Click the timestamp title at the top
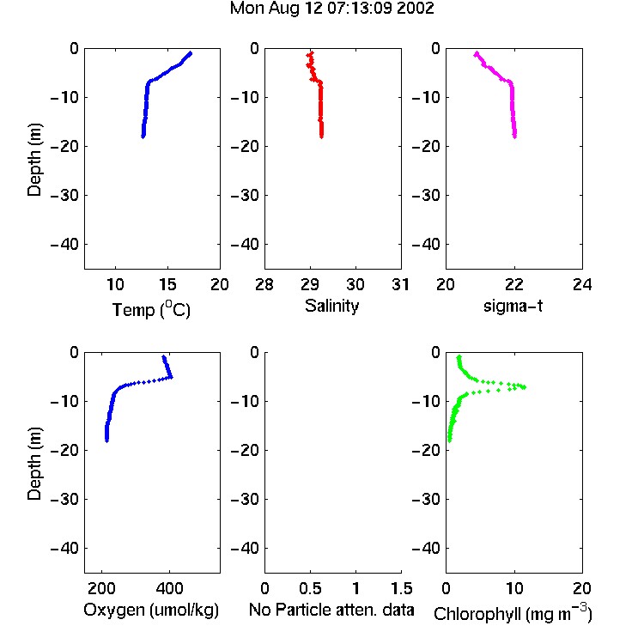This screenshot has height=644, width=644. pyautogui.click(x=331, y=9)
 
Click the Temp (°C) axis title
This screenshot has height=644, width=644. pyautogui.click(x=151, y=309)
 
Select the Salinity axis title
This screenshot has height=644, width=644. pyautogui.click(x=331, y=306)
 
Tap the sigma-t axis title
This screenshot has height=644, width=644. pyautogui.click(x=513, y=306)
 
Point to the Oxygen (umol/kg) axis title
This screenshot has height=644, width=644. pyautogui.click(x=151, y=610)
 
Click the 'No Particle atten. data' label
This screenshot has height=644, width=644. pyautogui.click(x=331, y=610)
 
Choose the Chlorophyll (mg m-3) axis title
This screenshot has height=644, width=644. pyautogui.click(x=513, y=613)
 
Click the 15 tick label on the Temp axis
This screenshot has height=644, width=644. pyautogui.click(x=167, y=284)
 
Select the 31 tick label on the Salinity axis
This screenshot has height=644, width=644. pyautogui.click(x=400, y=284)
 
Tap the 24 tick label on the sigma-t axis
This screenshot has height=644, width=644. pyautogui.click(x=582, y=284)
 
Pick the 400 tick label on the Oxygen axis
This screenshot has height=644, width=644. pyautogui.click(x=170, y=588)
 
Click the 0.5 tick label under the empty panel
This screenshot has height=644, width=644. pyautogui.click(x=310, y=588)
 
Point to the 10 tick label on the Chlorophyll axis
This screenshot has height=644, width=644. pyautogui.click(x=514, y=588)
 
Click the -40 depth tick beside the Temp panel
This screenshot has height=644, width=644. pyautogui.click(x=64, y=245)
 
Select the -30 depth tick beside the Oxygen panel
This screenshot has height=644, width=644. pyautogui.click(x=64, y=499)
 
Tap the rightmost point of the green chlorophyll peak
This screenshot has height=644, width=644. pyautogui.click(x=524, y=387)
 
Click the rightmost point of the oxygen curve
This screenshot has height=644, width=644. pyautogui.click(x=171, y=377)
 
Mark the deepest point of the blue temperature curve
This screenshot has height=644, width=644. pyautogui.click(x=143, y=136)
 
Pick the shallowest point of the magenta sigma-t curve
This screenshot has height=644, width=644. pyautogui.click(x=477, y=53)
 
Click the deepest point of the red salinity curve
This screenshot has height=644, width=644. pyautogui.click(x=321, y=136)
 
